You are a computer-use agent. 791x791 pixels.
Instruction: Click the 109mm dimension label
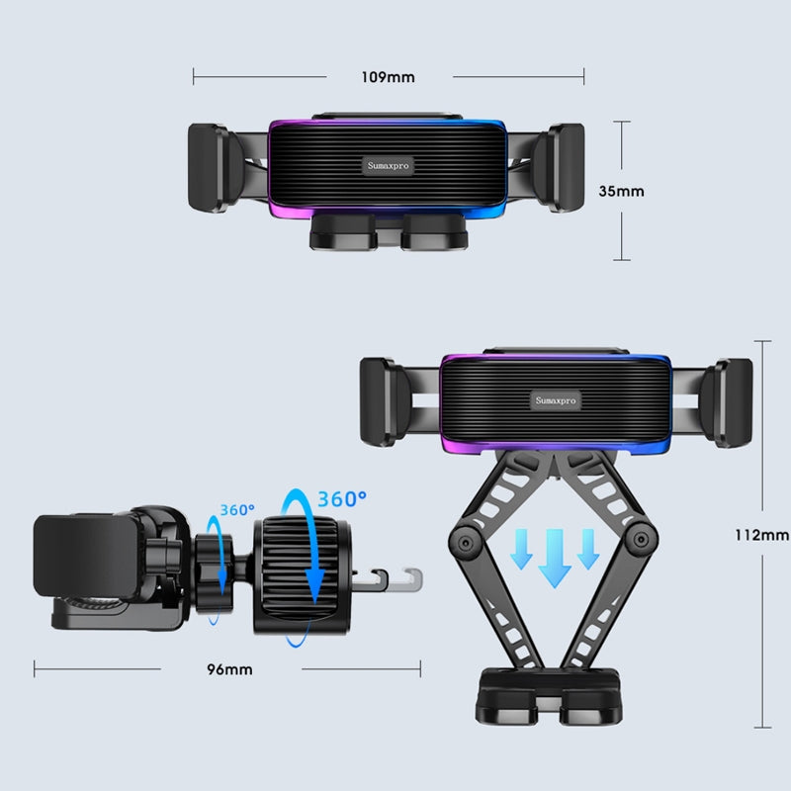click(389, 76)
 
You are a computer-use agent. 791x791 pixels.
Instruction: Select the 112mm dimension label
click(761, 535)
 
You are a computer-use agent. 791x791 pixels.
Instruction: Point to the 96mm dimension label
click(230, 669)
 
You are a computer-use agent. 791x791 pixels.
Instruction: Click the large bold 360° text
click(341, 499)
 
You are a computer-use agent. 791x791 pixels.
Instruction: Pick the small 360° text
click(237, 511)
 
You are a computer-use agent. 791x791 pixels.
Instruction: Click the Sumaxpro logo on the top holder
click(388, 165)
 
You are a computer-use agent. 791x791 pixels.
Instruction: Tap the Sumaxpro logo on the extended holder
click(556, 400)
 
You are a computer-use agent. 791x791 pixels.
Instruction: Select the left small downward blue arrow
click(520, 549)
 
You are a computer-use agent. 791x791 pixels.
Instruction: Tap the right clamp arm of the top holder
click(566, 168)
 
